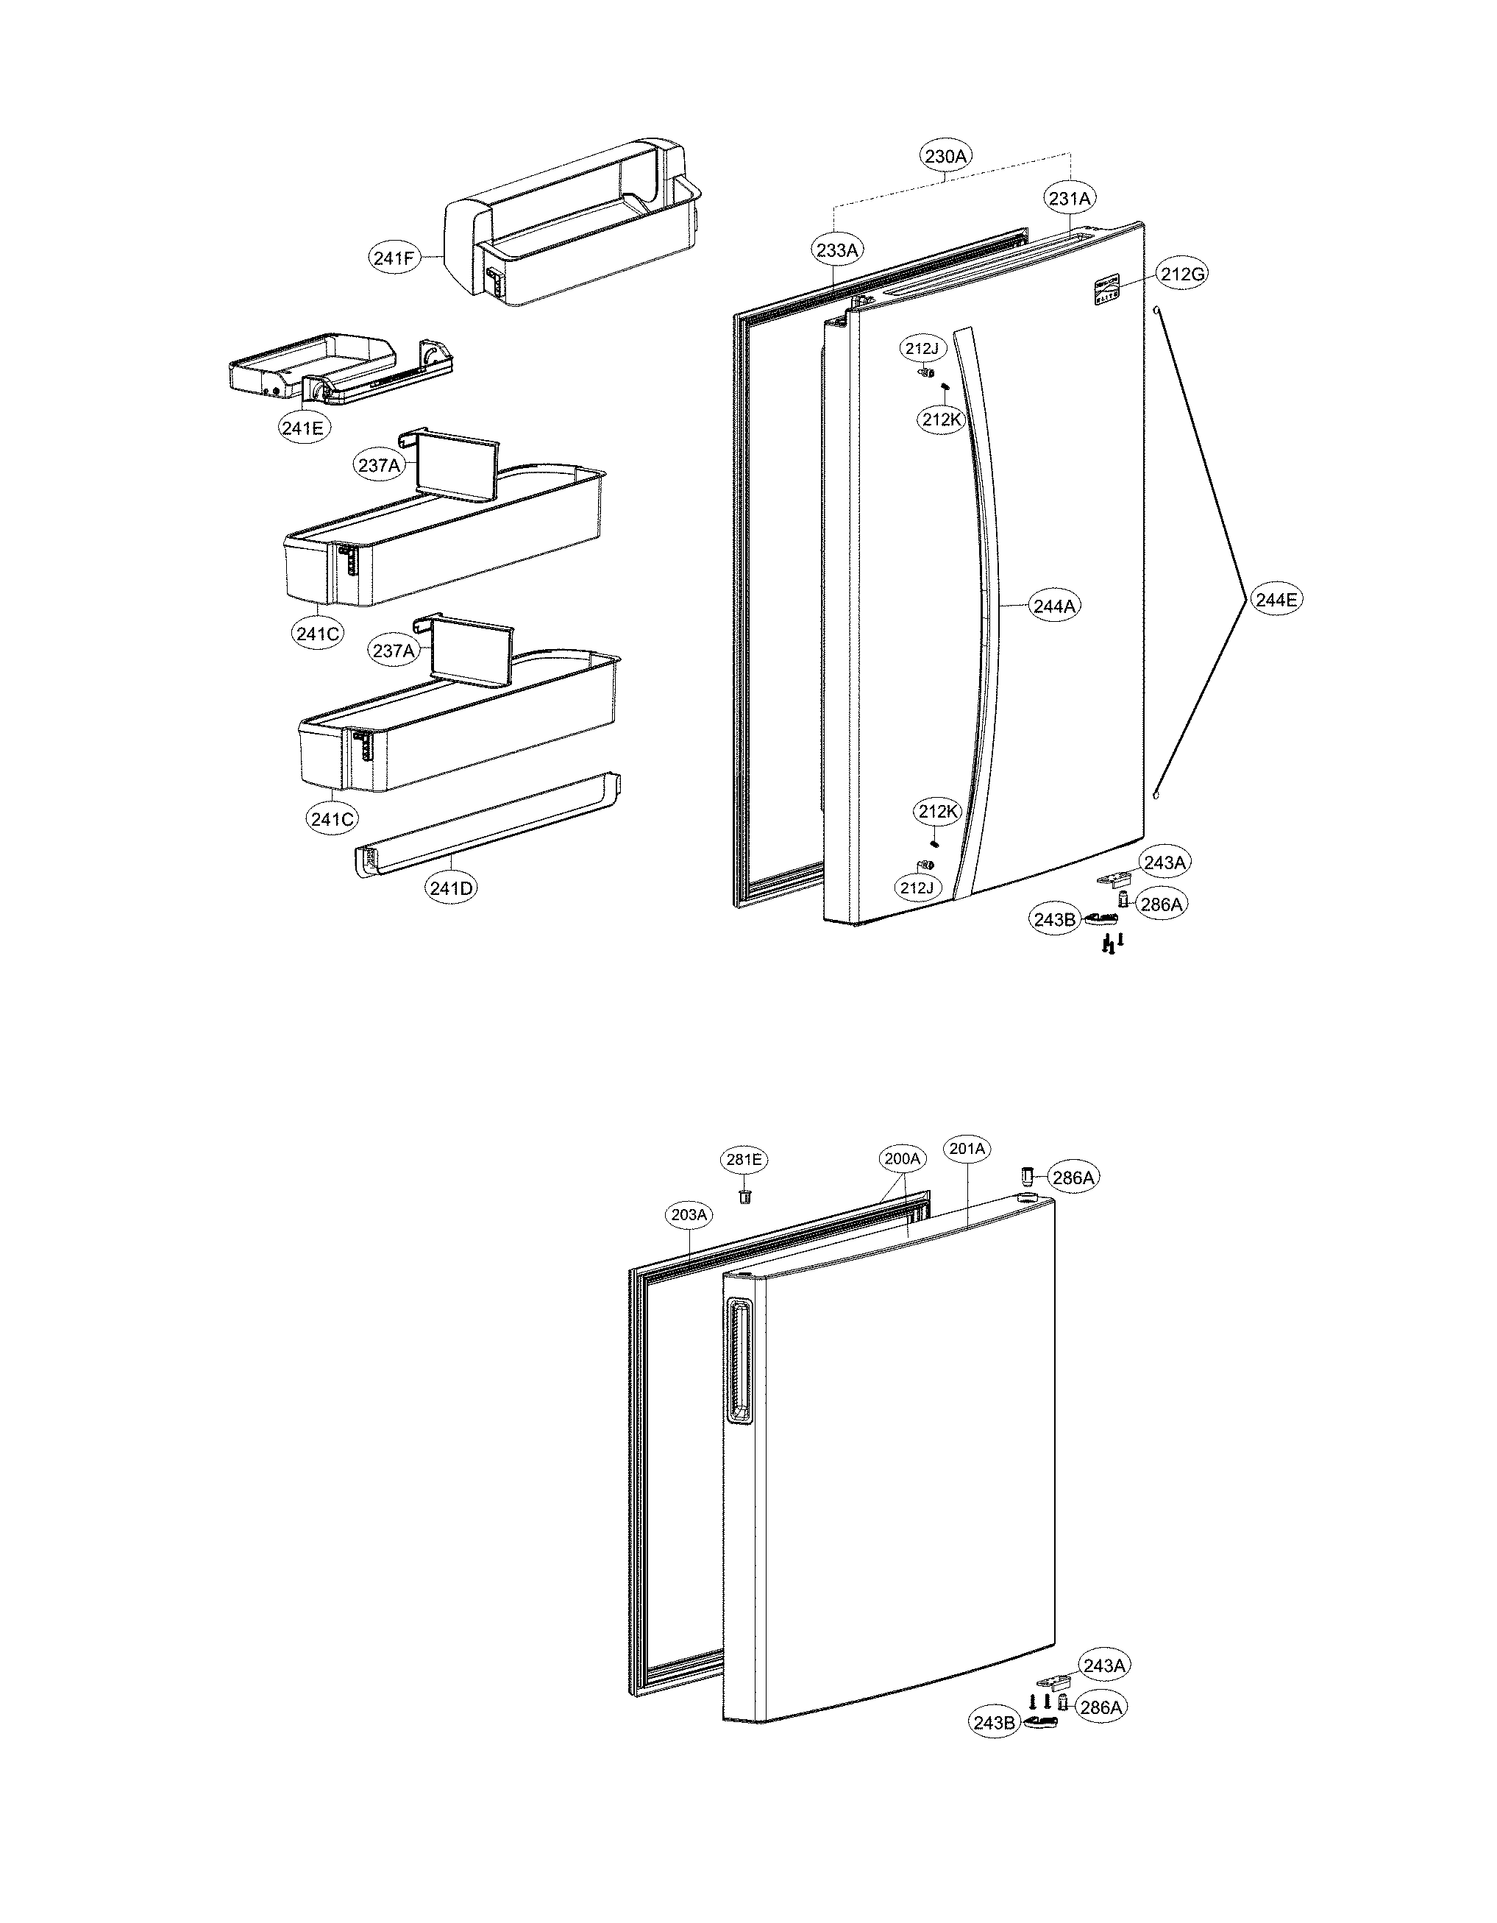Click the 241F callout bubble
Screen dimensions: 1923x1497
(x=393, y=258)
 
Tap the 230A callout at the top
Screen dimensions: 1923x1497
(x=946, y=157)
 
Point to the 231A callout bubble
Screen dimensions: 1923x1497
(x=1070, y=199)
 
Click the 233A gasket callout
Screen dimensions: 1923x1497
(x=836, y=250)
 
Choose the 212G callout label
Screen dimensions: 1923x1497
(x=1182, y=275)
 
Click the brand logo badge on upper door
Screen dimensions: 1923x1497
(x=1104, y=292)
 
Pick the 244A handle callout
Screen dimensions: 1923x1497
(x=1054, y=606)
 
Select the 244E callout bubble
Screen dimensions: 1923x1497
(x=1276, y=601)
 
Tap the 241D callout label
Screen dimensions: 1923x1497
(x=452, y=888)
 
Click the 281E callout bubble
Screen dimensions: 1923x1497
(x=744, y=1160)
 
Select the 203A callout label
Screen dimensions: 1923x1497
(x=689, y=1215)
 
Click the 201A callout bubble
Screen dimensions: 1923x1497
(x=967, y=1149)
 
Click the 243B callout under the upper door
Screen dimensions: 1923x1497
(x=1054, y=919)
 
